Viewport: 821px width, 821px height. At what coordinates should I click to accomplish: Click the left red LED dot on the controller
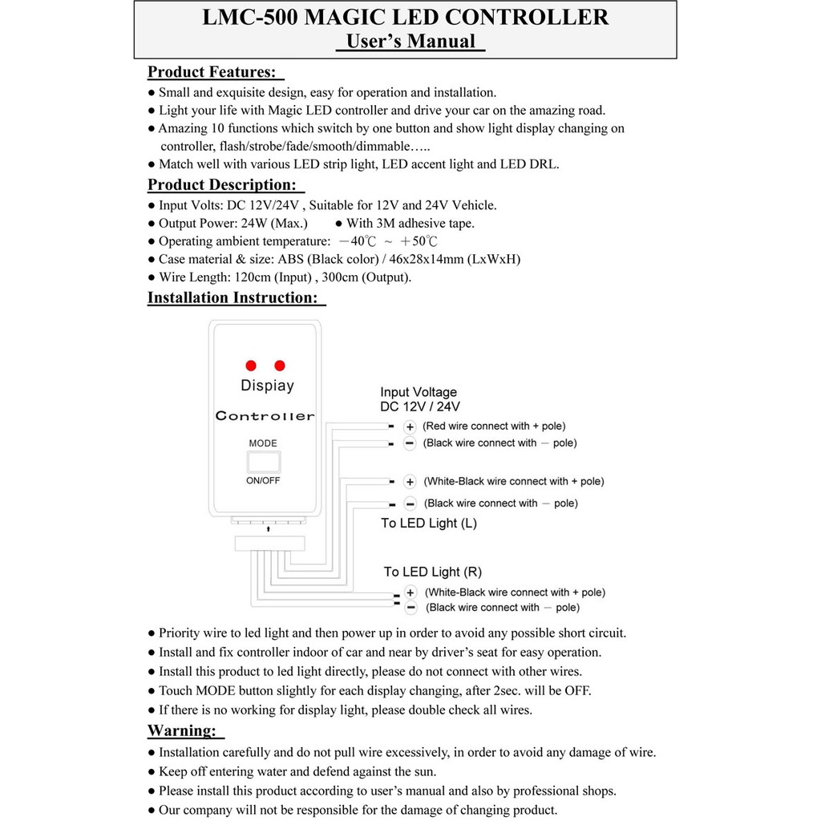pos(250,364)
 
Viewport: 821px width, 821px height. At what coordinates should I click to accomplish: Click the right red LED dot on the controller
pos(279,364)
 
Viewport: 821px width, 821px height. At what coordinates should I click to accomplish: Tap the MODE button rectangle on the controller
pos(264,462)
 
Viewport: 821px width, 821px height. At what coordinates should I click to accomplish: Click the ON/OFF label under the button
pos(263,481)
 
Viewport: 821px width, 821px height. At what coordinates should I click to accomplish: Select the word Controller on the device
pos(265,416)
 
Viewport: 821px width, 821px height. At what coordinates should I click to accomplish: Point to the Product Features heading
pos(211,72)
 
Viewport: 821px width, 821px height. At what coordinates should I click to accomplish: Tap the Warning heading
pos(182,730)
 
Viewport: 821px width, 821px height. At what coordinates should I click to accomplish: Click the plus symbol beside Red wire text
pos(409,427)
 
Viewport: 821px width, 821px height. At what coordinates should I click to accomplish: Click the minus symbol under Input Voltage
pos(409,443)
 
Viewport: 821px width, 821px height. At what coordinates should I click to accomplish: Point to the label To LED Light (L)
pos(429,524)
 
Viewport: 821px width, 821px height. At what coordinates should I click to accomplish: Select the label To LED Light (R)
pos(432,572)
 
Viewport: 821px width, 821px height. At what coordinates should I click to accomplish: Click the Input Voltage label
pos(419,392)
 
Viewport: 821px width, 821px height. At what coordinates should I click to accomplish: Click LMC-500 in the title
pos(249,18)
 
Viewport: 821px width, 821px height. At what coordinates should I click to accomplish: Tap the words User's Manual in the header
pos(410,42)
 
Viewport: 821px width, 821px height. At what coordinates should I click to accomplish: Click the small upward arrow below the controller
pos(268,529)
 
